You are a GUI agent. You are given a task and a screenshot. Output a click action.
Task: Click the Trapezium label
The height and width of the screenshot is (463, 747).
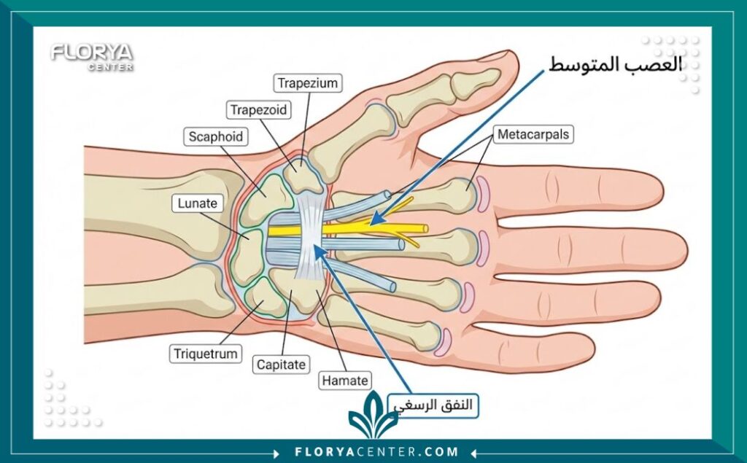(308, 83)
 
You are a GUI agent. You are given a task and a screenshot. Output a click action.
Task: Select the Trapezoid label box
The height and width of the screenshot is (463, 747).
(258, 110)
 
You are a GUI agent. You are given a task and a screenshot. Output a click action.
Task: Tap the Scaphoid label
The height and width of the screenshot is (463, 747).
(215, 136)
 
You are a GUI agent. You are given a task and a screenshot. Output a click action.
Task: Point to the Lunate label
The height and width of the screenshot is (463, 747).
(197, 203)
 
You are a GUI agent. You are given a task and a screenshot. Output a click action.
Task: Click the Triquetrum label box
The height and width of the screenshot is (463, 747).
(205, 354)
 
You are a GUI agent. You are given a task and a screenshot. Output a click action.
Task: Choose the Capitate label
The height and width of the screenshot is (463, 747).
(281, 365)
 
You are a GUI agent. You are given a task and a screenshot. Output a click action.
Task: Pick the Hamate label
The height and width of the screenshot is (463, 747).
(345, 381)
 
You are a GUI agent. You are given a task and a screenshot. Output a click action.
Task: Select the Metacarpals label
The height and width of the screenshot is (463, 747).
(533, 134)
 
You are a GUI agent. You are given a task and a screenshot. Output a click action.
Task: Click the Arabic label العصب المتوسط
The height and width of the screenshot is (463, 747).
(615, 64)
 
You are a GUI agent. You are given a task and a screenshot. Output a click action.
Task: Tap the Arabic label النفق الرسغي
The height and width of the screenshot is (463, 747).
(433, 405)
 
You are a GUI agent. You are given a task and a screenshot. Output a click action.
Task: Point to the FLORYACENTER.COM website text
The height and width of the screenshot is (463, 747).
(376, 451)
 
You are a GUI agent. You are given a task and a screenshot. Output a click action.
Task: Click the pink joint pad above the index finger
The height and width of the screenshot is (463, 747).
(483, 194)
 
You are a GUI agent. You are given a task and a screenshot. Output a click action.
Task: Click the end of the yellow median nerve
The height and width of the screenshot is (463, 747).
(425, 229)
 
